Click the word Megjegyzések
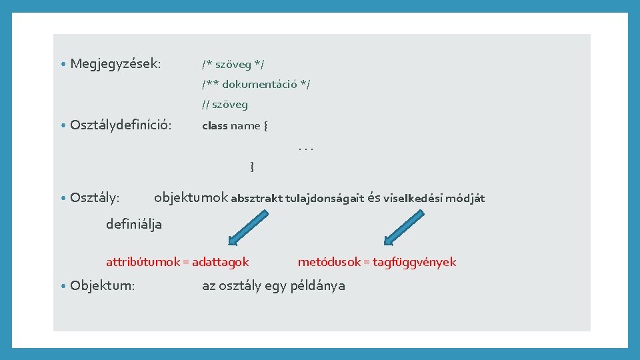115,64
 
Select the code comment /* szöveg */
233,64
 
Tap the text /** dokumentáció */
256,84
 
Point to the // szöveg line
225,104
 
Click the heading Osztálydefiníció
120,125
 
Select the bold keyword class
215,125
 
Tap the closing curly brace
251,166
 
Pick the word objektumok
191,197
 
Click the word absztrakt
257,198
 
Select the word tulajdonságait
325,198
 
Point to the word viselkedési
413,198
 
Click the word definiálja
133,224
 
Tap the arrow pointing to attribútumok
249,227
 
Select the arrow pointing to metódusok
405,227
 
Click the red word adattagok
220,262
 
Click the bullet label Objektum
102,285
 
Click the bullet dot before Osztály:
62,198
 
